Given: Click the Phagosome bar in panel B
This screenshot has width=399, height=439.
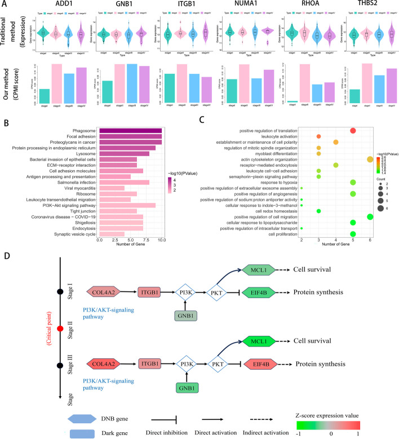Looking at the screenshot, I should point(130,131).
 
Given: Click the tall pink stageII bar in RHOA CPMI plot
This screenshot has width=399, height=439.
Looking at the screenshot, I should point(305,83).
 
